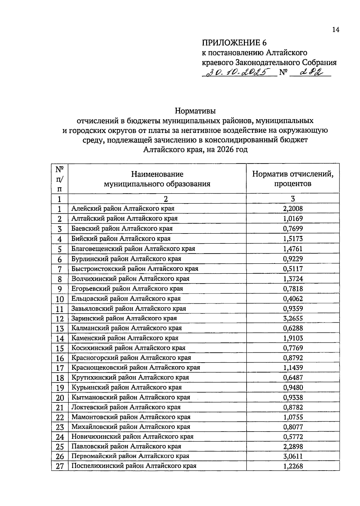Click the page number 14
[x=336, y=30]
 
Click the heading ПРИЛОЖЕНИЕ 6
[x=234, y=43]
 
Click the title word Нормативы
[x=195, y=111]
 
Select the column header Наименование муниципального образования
[x=157, y=179]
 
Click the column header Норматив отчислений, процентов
[x=292, y=179]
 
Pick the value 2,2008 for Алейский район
[x=293, y=209]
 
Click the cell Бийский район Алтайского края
[x=121, y=239]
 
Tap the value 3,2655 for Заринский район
[x=293, y=318]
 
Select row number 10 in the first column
[x=60, y=299]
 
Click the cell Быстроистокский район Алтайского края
[x=135, y=269]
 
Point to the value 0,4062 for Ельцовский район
[x=293, y=299]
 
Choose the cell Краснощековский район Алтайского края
[x=136, y=367]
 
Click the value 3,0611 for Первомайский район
[x=293, y=456]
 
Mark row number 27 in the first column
[x=60, y=466]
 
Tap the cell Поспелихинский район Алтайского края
[x=134, y=466]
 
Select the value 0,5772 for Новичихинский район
[x=293, y=437]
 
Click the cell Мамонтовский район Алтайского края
[x=131, y=417]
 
